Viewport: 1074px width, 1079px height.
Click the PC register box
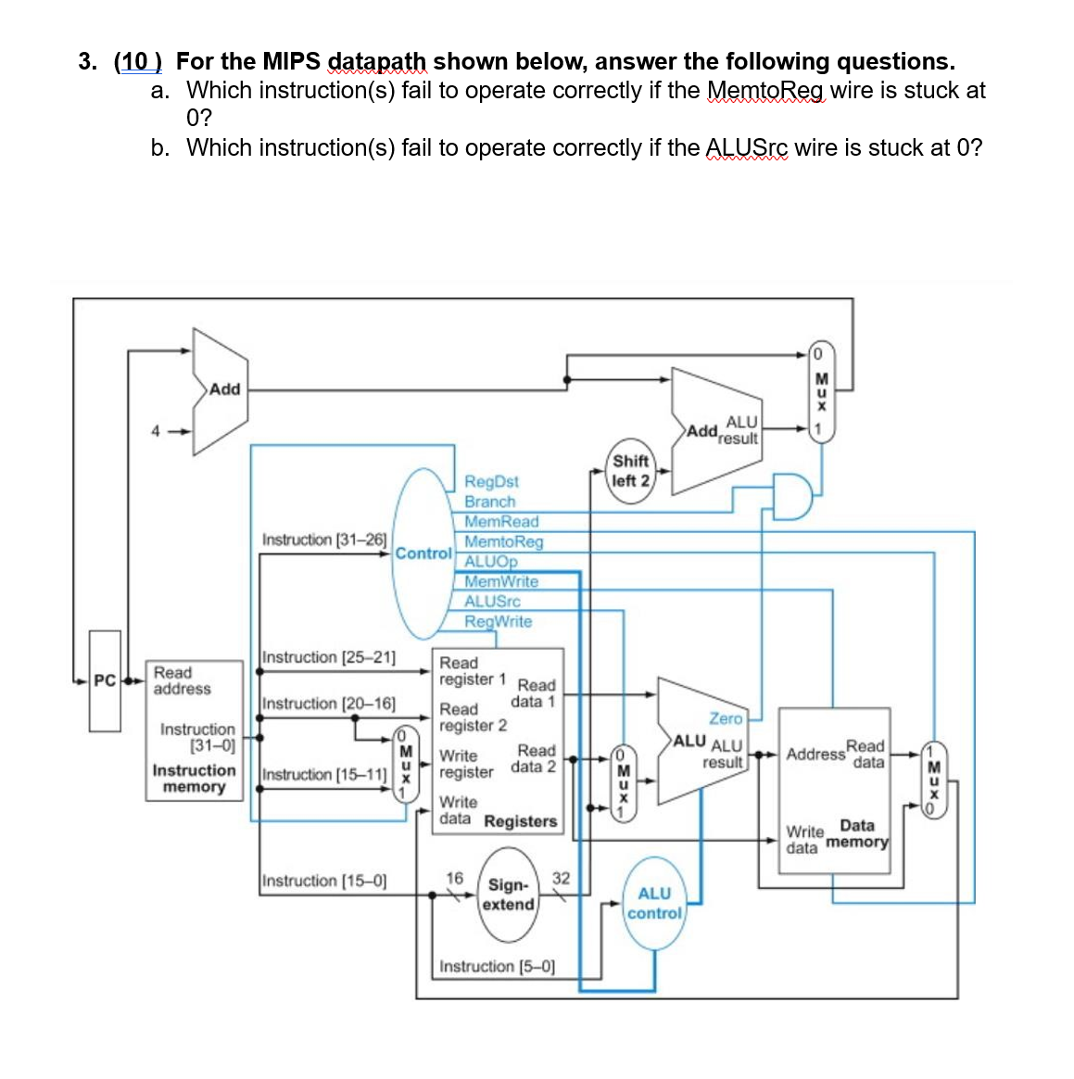(x=105, y=681)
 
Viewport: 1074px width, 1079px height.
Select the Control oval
(x=423, y=553)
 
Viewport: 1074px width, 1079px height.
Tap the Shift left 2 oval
(x=630, y=471)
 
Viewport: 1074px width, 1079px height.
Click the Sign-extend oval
(x=508, y=895)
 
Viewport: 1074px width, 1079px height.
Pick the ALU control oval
(x=654, y=903)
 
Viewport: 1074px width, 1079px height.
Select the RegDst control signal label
(x=491, y=481)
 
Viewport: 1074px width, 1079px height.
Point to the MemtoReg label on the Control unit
(x=503, y=541)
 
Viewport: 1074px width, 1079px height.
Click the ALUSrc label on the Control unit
(x=492, y=602)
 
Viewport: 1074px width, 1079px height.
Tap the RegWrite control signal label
(x=498, y=621)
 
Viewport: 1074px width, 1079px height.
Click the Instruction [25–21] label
(x=329, y=657)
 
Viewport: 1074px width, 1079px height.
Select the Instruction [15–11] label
(x=324, y=774)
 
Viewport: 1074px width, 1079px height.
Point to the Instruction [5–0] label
(x=497, y=966)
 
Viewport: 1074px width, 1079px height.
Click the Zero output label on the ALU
(x=726, y=718)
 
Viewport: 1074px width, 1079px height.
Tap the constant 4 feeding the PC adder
(x=157, y=430)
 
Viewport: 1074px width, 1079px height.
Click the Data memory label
(x=857, y=833)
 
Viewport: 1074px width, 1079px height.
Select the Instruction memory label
(x=194, y=779)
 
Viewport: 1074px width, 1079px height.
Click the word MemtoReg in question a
(x=765, y=91)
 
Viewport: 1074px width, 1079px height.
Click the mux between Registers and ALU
(x=624, y=783)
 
